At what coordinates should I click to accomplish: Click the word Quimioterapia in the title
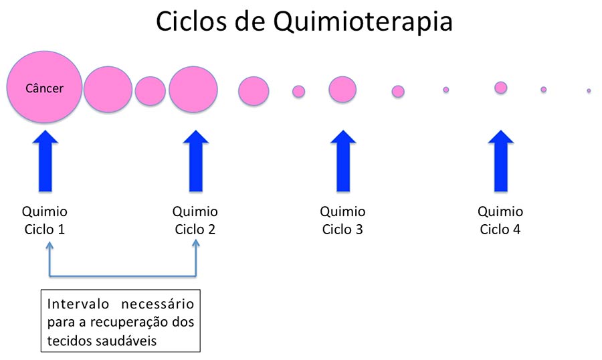[363, 22]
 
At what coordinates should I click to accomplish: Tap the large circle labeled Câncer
[45, 87]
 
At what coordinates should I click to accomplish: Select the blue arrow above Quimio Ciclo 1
[45, 161]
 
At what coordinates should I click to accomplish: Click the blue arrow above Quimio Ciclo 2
[196, 161]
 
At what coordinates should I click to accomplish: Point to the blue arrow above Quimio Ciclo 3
[343, 161]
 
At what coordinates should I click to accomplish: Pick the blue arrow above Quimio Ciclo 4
[500, 161]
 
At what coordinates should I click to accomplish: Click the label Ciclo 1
[45, 230]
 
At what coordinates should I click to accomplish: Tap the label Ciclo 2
[195, 230]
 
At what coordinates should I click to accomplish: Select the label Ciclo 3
[342, 230]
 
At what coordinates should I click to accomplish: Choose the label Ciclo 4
[500, 230]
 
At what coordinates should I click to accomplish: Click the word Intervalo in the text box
[78, 304]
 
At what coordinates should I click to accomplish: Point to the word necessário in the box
[157, 304]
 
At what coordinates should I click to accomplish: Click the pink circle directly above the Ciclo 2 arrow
[193, 89]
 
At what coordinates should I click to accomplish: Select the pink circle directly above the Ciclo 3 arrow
[342, 90]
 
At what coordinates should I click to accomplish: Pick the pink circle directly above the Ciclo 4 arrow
[500, 88]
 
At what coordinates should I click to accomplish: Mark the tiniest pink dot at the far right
[589, 91]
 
